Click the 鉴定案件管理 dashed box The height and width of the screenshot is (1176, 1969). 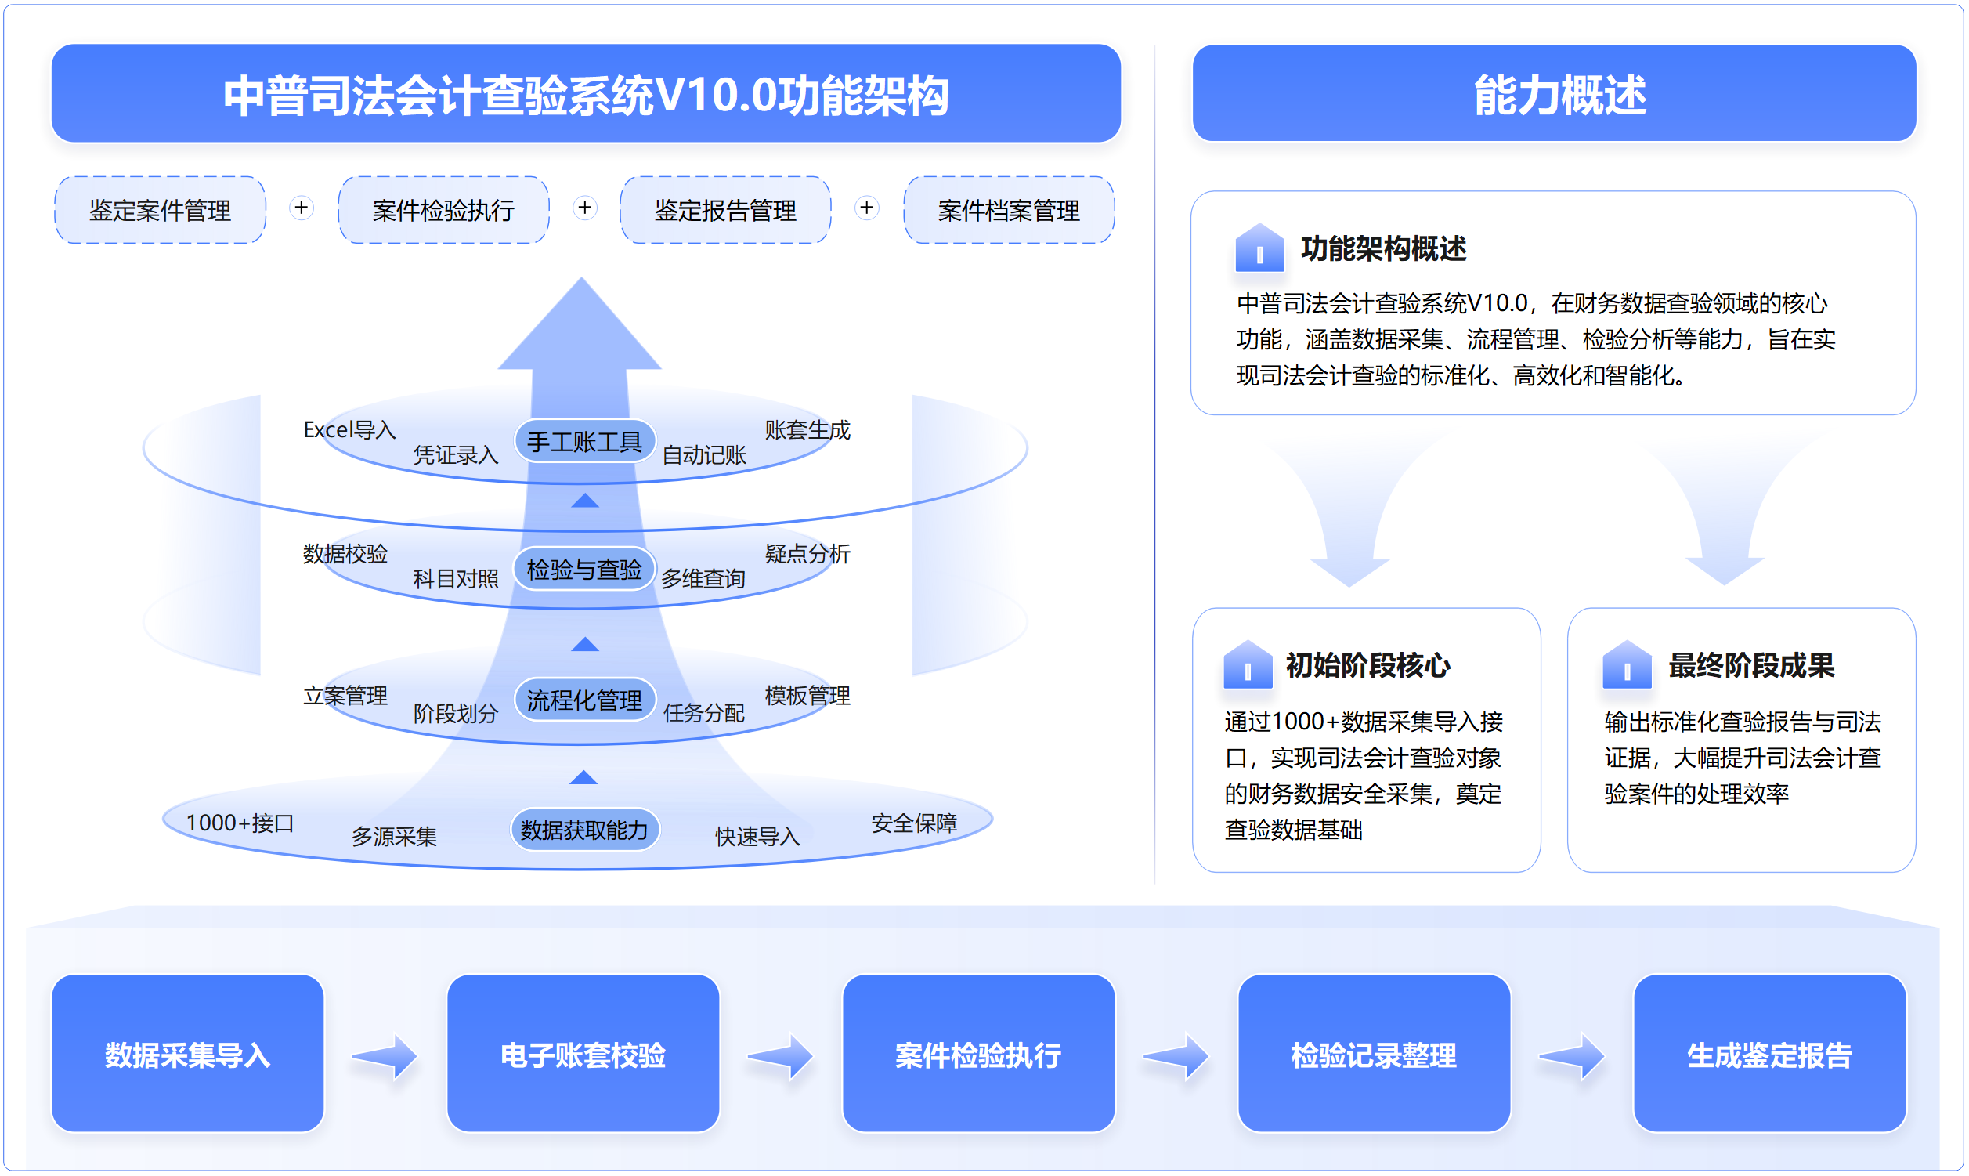pos(160,210)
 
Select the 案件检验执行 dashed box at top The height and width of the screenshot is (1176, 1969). pos(443,210)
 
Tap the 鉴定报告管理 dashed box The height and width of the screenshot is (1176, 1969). pos(725,210)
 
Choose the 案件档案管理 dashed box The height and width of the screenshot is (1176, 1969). pos(1009,210)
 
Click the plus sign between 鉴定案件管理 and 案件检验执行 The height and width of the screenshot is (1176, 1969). pos(301,208)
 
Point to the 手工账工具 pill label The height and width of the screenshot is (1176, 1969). pos(584,440)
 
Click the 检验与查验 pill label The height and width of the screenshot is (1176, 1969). pos(584,569)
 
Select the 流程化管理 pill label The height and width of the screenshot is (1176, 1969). pos(584,700)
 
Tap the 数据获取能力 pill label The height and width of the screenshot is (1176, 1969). pos(584,830)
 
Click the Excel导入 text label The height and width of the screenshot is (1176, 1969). pos(349,429)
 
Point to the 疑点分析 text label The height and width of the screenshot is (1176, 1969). pos(807,553)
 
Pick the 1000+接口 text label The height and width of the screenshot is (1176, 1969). pos(240,823)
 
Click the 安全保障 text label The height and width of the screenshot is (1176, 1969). pos(914,823)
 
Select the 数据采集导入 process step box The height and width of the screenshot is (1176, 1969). pos(188,1053)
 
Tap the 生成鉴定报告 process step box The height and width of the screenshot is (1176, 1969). pos(1769,1053)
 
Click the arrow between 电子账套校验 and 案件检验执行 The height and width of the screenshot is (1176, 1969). pos(780,1055)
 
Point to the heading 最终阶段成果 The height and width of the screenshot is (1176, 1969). pos(1751,666)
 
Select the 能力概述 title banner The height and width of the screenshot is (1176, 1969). pos(1554,93)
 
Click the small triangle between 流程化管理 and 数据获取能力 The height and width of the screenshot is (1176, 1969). pos(583,777)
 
